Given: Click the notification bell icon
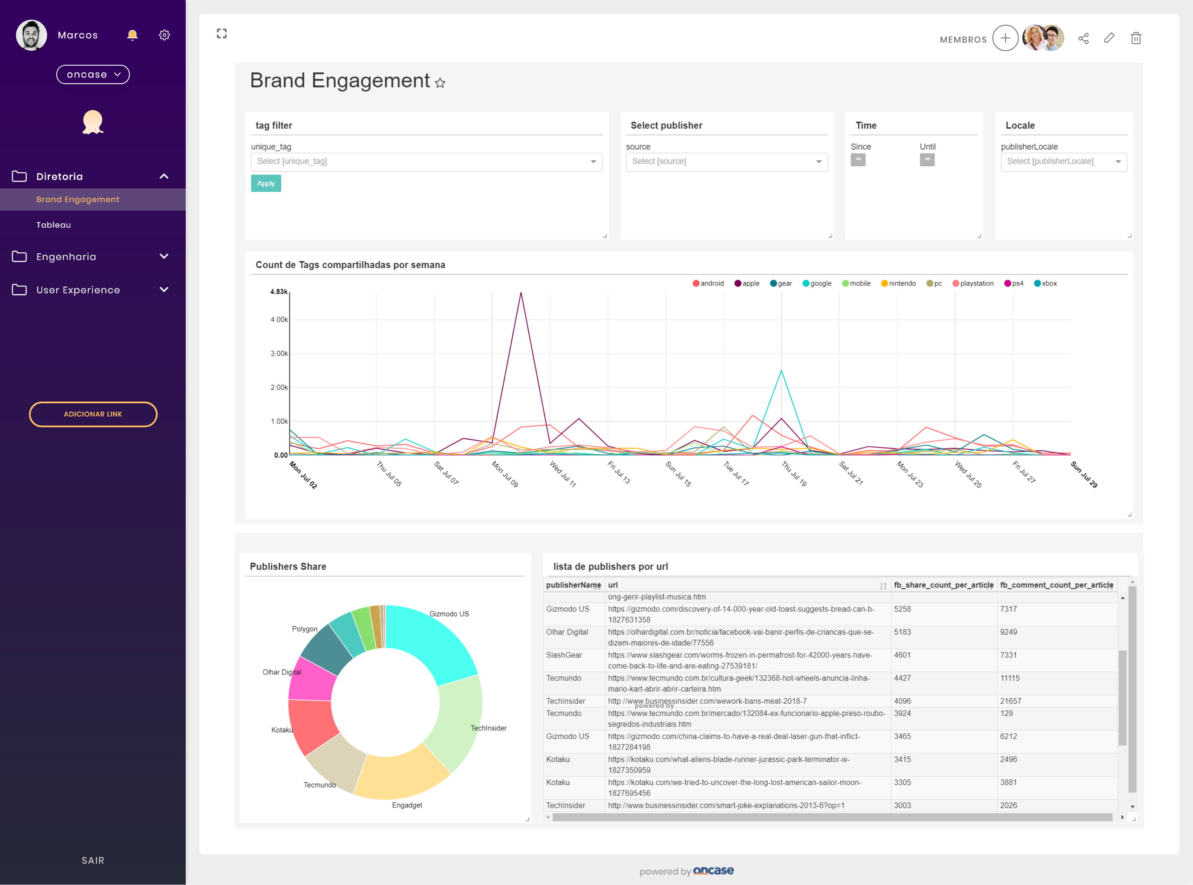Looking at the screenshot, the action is [x=132, y=35].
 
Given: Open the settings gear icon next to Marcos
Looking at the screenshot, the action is [x=164, y=35].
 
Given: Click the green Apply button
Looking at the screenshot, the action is [x=265, y=183].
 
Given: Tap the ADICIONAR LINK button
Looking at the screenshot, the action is [x=93, y=414].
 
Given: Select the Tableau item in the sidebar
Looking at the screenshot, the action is [x=54, y=225].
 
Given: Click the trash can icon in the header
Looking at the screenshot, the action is [x=1136, y=38].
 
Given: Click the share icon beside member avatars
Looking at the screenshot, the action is [x=1083, y=38].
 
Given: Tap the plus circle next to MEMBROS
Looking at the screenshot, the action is [x=1005, y=38].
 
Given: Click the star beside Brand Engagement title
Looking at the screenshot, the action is [x=440, y=83].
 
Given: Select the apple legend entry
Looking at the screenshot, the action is [x=747, y=283].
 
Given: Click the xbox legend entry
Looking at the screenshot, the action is [x=1045, y=283].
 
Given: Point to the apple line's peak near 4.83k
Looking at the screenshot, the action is [x=521, y=292].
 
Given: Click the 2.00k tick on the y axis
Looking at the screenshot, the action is [x=279, y=388].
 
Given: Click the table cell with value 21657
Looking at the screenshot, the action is [x=1010, y=701].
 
